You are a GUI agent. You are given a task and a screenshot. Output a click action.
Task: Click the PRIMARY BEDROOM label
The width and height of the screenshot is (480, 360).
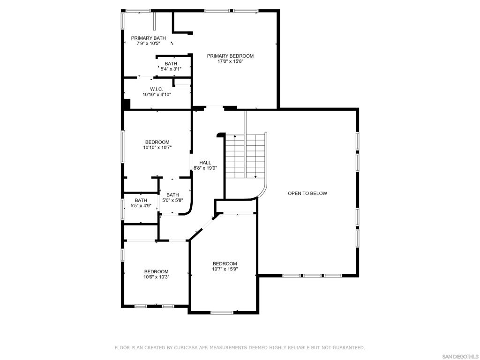[230, 56]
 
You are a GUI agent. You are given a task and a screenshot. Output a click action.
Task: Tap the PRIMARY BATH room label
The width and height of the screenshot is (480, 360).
[149, 38]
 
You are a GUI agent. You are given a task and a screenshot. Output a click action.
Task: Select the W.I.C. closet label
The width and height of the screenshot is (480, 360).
[157, 89]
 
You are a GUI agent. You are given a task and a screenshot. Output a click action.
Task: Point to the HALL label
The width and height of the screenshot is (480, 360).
[205, 163]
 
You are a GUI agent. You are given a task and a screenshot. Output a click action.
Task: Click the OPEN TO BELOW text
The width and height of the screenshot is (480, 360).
[307, 193]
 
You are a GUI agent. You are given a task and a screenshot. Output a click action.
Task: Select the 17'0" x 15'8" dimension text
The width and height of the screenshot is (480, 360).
[230, 61]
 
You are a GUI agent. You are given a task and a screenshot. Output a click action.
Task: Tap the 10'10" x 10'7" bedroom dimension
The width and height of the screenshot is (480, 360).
[157, 147]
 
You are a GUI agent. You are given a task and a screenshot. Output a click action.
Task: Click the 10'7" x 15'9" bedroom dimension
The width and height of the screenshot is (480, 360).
[225, 269]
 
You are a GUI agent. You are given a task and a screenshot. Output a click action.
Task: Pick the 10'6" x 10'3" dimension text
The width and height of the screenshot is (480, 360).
[157, 277]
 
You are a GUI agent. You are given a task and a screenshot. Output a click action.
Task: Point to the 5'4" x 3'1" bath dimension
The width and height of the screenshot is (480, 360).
[171, 69]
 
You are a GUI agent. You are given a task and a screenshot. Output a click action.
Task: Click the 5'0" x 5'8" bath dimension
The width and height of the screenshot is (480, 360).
[172, 200]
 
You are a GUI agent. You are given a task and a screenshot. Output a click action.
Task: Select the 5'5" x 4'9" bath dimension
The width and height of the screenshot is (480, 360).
[141, 206]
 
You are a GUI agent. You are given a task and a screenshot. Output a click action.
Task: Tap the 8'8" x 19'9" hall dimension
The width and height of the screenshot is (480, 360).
[205, 168]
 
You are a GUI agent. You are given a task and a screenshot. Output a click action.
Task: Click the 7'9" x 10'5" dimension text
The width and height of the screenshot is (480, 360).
[149, 43]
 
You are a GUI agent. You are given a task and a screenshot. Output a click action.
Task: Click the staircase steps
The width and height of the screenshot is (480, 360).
[245, 156]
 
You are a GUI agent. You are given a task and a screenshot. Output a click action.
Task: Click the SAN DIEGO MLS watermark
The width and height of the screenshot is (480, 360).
[460, 357]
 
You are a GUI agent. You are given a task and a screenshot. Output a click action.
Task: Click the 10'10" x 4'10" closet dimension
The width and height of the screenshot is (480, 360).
[157, 95]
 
